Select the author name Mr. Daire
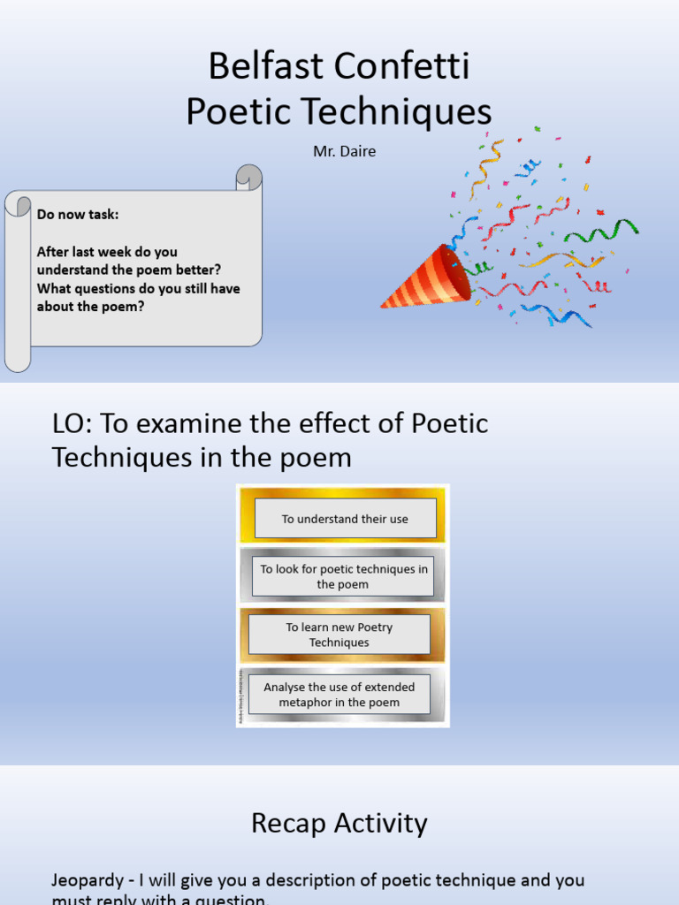click(x=344, y=151)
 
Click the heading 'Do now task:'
click(x=78, y=214)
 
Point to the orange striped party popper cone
click(x=429, y=278)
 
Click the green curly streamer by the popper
click(x=601, y=232)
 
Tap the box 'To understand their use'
click(x=345, y=519)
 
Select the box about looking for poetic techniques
click(x=343, y=576)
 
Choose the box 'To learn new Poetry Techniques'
click(x=339, y=635)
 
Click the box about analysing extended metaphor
click(x=339, y=695)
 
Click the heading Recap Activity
click(x=339, y=823)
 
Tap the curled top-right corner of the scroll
click(x=249, y=177)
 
